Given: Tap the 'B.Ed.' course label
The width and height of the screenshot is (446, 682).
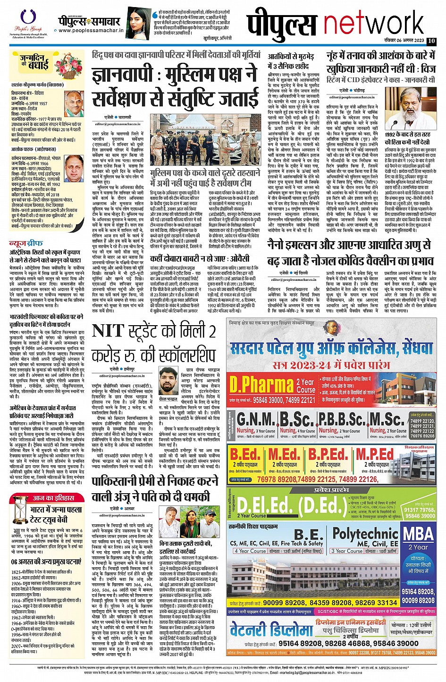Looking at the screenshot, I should pos(245,455).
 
